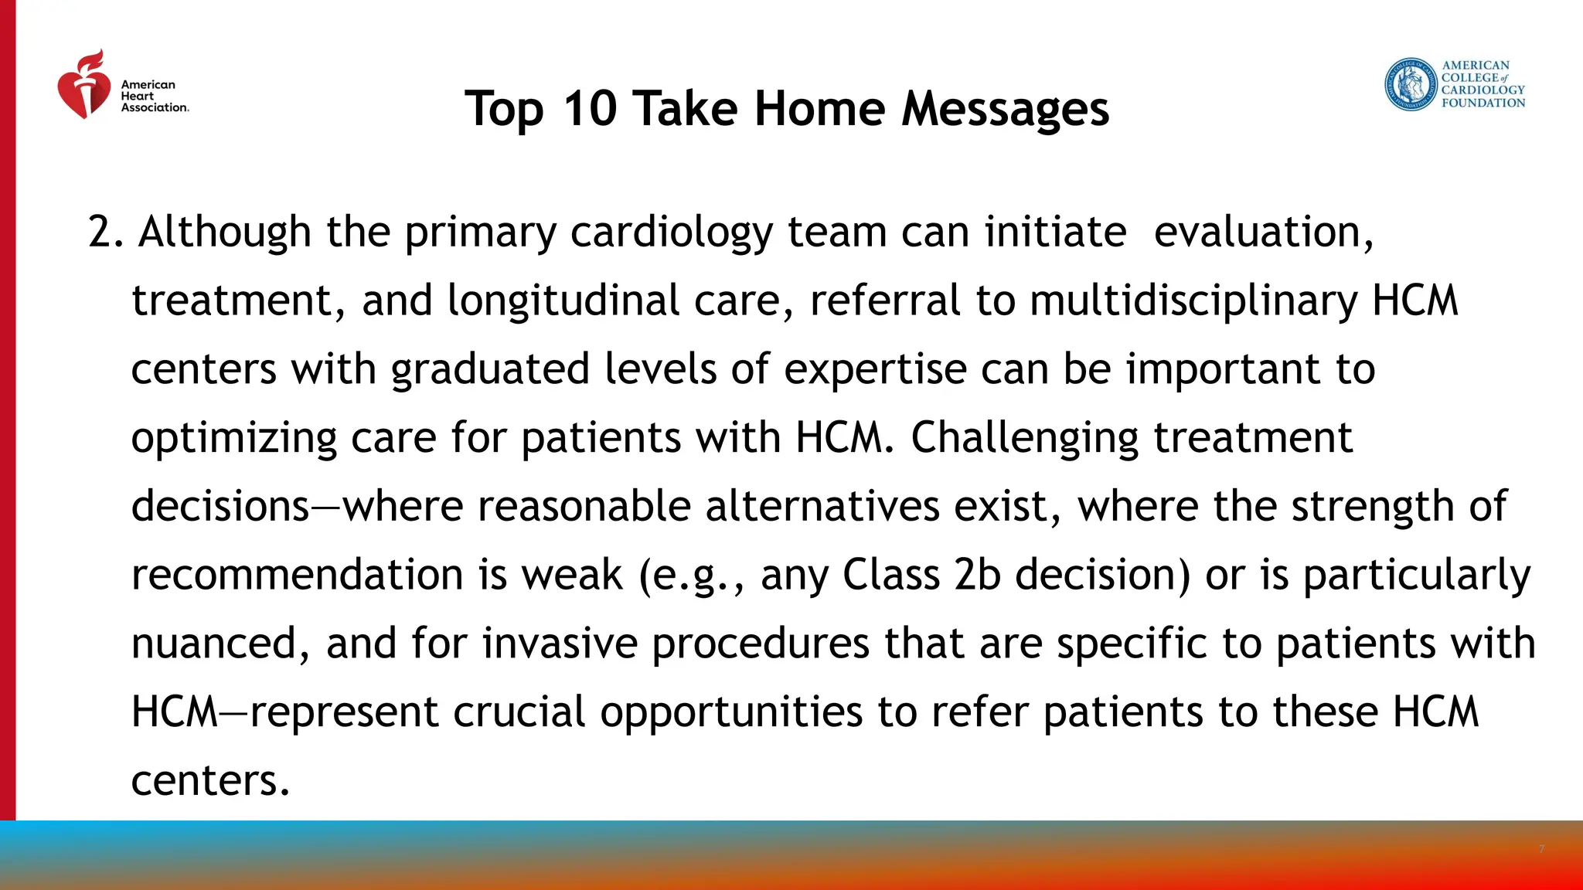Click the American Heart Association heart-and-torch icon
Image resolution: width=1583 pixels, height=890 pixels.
(x=83, y=87)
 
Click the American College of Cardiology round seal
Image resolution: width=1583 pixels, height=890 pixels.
(x=1411, y=84)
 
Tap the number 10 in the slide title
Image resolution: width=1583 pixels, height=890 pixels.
(x=589, y=108)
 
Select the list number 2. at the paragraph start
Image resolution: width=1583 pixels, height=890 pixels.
(x=106, y=232)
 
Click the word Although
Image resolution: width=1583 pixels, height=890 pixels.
(x=224, y=232)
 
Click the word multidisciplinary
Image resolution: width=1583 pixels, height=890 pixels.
(x=1193, y=301)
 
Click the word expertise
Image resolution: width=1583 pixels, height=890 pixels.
(x=874, y=369)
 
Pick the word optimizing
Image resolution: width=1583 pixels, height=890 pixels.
(x=233, y=438)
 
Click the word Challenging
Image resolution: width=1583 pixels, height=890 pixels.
(x=1024, y=438)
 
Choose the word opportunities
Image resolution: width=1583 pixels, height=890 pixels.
(x=731, y=712)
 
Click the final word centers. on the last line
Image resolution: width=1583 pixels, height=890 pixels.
(x=210, y=780)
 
